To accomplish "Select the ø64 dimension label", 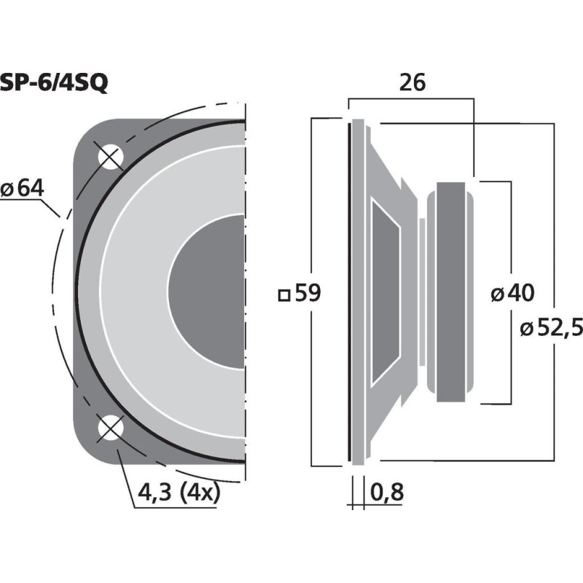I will tap(23, 188).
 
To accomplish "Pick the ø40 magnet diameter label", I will tap(512, 294).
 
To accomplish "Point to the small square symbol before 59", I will tap(284, 295).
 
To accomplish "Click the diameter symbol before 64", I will tap(8, 189).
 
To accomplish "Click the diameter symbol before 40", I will tap(497, 294).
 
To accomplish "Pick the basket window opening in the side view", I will tap(384, 291).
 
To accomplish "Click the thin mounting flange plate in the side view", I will tap(356, 291).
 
